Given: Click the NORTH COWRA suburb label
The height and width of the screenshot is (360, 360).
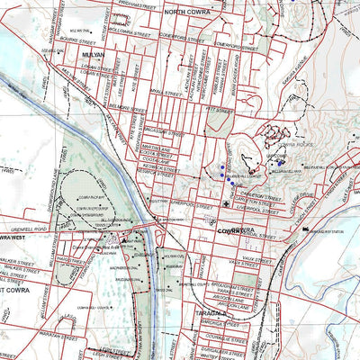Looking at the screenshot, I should click(186, 12).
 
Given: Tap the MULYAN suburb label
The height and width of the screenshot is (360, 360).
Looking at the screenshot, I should click(94, 54).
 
